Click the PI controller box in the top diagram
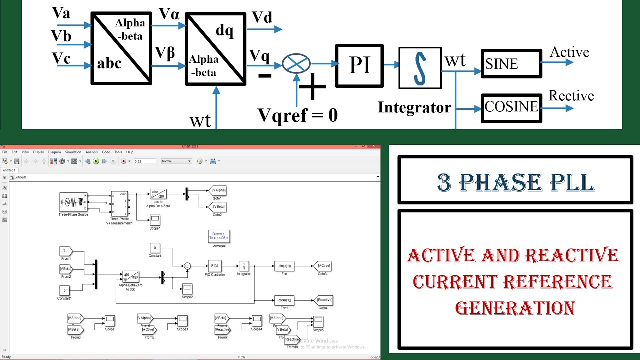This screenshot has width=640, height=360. tap(359, 65)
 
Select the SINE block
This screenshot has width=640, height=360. tap(511, 63)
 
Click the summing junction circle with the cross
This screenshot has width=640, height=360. tap(296, 63)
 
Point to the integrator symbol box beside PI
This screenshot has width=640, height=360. tap(420, 68)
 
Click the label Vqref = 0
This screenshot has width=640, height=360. tap(298, 115)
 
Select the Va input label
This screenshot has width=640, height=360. tap(61, 13)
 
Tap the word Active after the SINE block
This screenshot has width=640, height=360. tap(569, 52)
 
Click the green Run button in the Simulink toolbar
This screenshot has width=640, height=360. tap(96, 161)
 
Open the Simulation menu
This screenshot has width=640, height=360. tap(73, 152)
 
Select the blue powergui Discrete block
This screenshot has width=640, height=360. tap(219, 236)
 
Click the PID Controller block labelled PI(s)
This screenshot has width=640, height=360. tap(215, 266)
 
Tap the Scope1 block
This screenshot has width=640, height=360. tap(155, 219)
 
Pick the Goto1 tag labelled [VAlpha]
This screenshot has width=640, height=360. tap(218, 190)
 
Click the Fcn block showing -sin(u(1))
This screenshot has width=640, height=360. tap(284, 266)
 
